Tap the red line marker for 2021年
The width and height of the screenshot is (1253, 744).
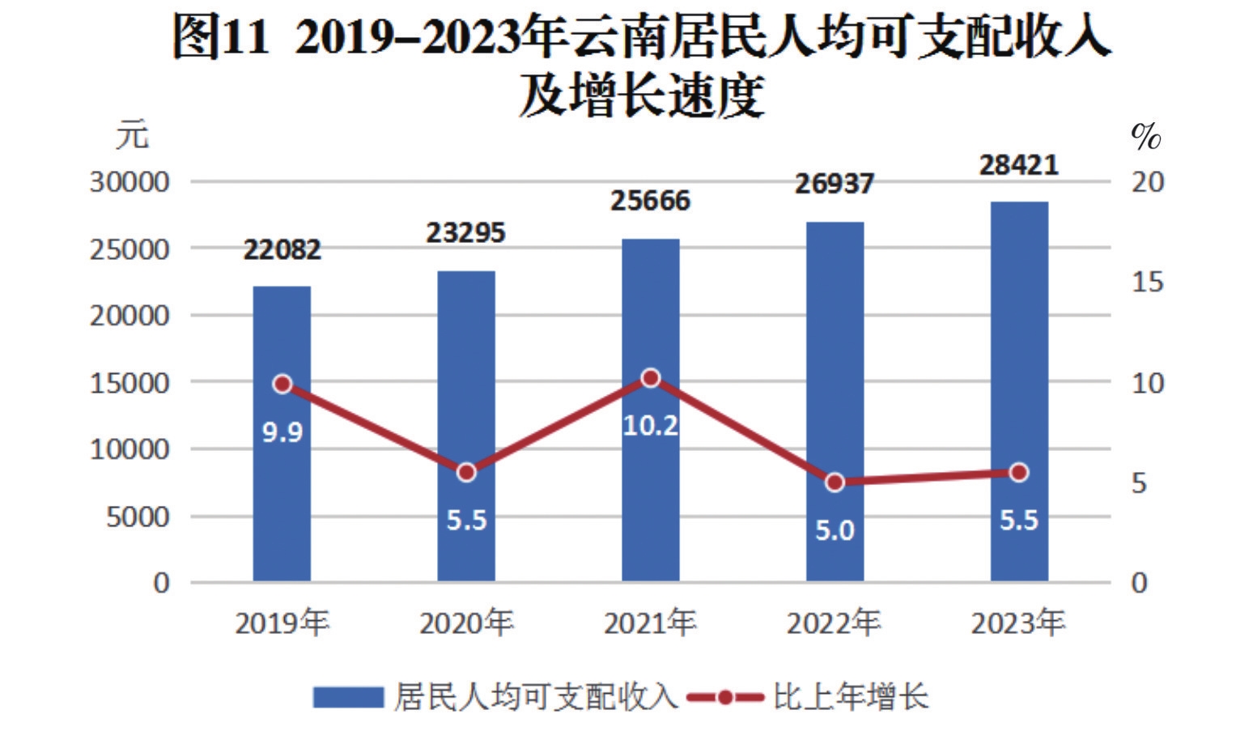pyautogui.click(x=651, y=378)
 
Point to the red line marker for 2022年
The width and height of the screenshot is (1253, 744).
pyautogui.click(x=835, y=483)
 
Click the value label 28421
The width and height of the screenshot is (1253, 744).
pyautogui.click(x=1019, y=165)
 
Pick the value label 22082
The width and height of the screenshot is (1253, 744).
pyautogui.click(x=282, y=249)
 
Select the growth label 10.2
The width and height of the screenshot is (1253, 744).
pyautogui.click(x=651, y=425)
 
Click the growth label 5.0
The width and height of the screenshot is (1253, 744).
pyautogui.click(x=835, y=531)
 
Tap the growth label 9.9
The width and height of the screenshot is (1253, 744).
pyautogui.click(x=282, y=432)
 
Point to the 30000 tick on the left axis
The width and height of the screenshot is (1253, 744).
pyautogui.click(x=130, y=182)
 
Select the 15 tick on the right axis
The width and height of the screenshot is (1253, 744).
pyautogui.click(x=1147, y=283)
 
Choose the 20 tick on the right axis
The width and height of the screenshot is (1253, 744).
pyautogui.click(x=1147, y=182)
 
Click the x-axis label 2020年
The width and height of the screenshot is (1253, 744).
pyautogui.click(x=466, y=623)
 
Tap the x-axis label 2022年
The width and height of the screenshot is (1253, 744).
pyautogui.click(x=835, y=623)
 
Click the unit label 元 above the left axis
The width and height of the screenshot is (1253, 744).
pyautogui.click(x=132, y=135)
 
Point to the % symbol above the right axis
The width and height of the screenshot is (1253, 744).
pyautogui.click(x=1145, y=137)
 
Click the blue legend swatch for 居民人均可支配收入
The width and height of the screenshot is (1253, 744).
pyautogui.click(x=348, y=697)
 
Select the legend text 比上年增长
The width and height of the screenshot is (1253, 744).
pyautogui.click(x=850, y=697)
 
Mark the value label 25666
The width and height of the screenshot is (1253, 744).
pyautogui.click(x=651, y=201)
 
